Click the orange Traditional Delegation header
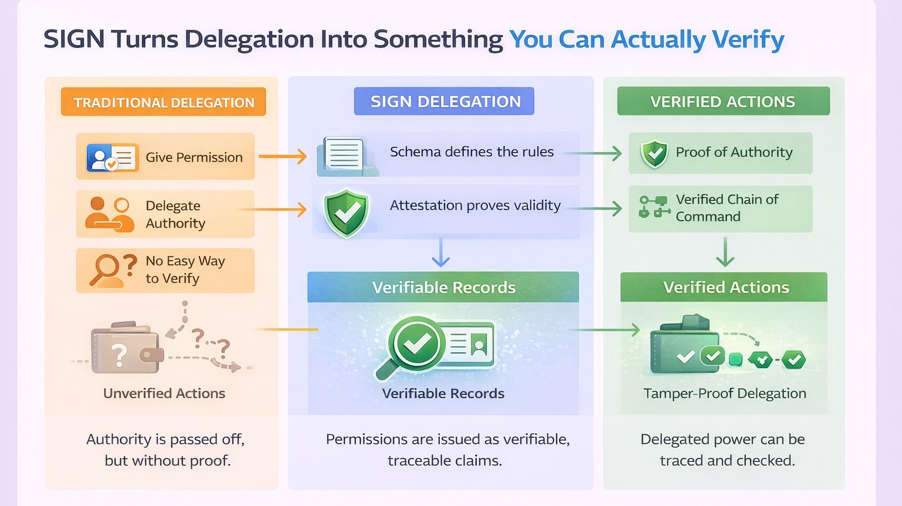(163, 102)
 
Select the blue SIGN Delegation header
(445, 102)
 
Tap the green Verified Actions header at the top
(723, 102)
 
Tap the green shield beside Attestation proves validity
(346, 212)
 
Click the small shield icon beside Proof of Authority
(654, 154)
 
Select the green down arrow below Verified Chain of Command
(725, 252)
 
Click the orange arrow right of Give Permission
(283, 156)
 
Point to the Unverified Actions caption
(164, 393)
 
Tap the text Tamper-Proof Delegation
(725, 393)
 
